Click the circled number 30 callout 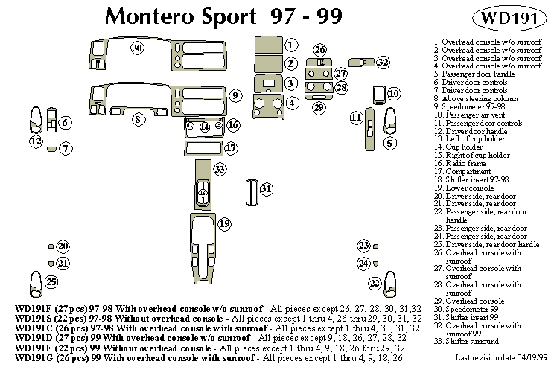point(136,49)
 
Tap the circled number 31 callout point(266,189)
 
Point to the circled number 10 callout point(394,94)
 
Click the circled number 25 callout point(51,281)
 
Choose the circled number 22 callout point(375,282)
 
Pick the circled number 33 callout point(220,170)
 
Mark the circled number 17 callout point(231,147)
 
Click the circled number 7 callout point(66,149)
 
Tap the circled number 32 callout point(383,62)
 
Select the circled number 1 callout point(291,45)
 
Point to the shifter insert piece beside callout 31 point(250,191)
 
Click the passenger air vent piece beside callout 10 point(378,94)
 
